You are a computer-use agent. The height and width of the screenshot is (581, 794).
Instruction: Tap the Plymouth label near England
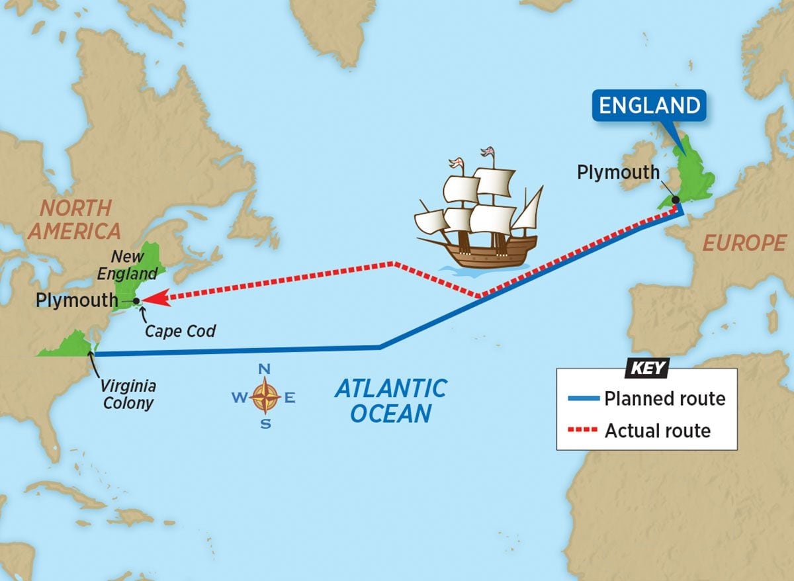click(618, 172)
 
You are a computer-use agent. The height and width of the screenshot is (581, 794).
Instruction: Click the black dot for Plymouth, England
click(675, 199)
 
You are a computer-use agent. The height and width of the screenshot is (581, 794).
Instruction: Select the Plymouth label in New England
click(77, 300)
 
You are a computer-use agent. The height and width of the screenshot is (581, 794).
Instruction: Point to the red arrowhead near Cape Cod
click(153, 299)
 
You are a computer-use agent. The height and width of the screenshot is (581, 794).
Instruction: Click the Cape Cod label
click(181, 330)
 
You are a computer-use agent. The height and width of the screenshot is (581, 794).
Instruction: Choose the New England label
click(134, 264)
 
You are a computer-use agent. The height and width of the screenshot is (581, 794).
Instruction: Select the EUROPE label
click(744, 244)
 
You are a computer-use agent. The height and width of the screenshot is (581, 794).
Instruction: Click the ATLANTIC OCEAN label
click(390, 400)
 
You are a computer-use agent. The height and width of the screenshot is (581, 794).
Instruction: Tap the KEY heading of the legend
click(646, 369)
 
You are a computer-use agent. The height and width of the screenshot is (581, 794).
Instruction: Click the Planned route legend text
click(664, 398)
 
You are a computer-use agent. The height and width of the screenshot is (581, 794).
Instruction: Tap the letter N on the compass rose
click(264, 369)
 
